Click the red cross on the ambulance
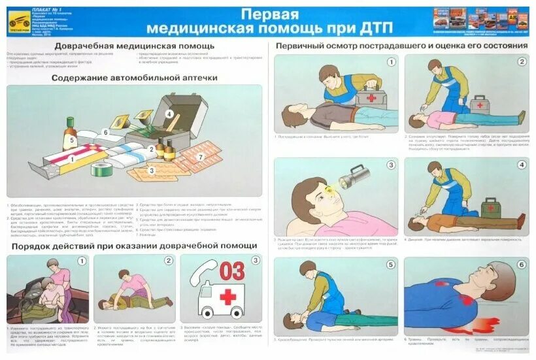click(227, 297)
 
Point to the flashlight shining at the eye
click(354, 176)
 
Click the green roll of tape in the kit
click(102, 169)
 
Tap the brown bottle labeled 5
click(70, 134)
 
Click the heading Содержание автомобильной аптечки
click(134, 78)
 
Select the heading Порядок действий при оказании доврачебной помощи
click(133, 246)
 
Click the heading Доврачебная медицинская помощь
click(134, 46)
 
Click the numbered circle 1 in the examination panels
click(391, 62)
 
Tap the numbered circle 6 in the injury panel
click(521, 265)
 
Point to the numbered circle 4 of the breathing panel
click(521, 165)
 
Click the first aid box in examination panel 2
click(480, 104)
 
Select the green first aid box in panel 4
click(491, 208)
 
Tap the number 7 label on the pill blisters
click(201, 157)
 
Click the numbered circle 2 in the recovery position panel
click(168, 261)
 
